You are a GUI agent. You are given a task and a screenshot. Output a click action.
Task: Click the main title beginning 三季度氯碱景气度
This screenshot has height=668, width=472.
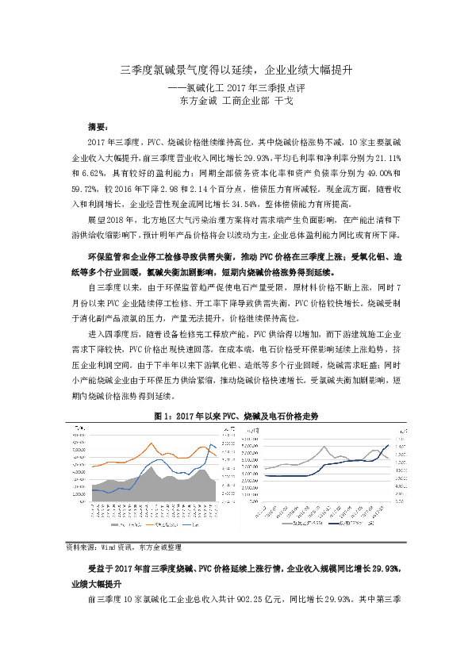[236, 70]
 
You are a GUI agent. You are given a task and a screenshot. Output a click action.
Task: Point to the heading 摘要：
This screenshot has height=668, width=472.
[101, 126]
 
